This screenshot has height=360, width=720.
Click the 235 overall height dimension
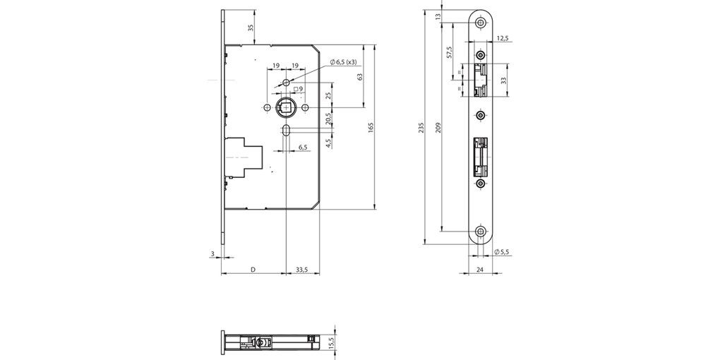coord(421,128)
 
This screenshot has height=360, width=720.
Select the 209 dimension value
coord(438,128)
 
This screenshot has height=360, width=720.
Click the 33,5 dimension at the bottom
coord(301,269)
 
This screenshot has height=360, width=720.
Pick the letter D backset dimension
coord(253,269)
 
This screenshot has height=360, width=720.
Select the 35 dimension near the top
coord(250,28)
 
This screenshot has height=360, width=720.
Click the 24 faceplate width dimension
coord(481,269)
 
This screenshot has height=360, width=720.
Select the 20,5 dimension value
coord(328,119)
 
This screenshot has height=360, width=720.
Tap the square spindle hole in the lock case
coord(286,107)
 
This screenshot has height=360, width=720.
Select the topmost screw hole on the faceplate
coord(481,23)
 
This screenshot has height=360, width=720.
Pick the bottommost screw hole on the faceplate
coord(481,232)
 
